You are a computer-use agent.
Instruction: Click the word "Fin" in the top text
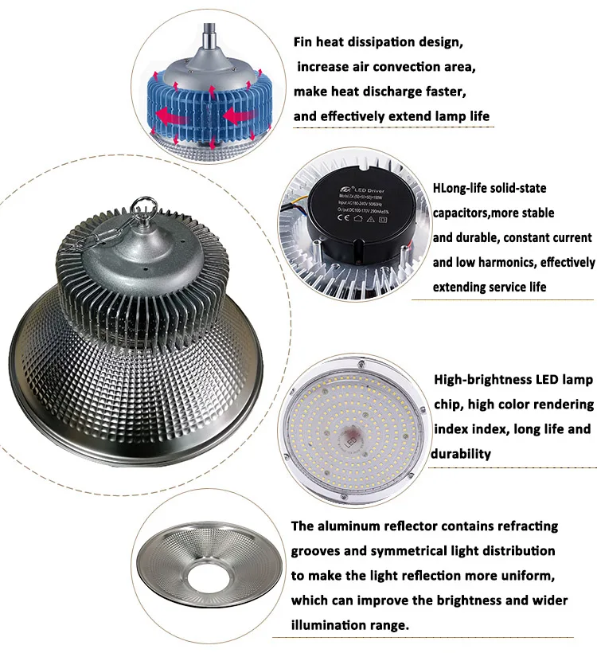coord(304,41)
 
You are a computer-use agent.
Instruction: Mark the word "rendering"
coord(562,405)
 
